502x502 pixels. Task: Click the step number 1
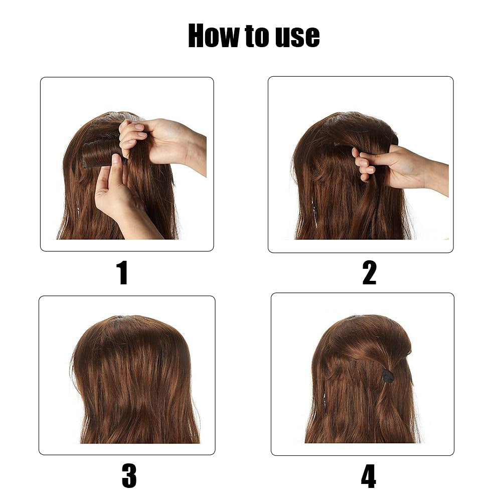122,273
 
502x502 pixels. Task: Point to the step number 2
369,273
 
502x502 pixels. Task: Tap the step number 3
129,475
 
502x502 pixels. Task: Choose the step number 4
369,475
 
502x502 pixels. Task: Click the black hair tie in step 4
388,376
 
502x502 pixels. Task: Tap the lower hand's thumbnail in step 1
116,159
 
